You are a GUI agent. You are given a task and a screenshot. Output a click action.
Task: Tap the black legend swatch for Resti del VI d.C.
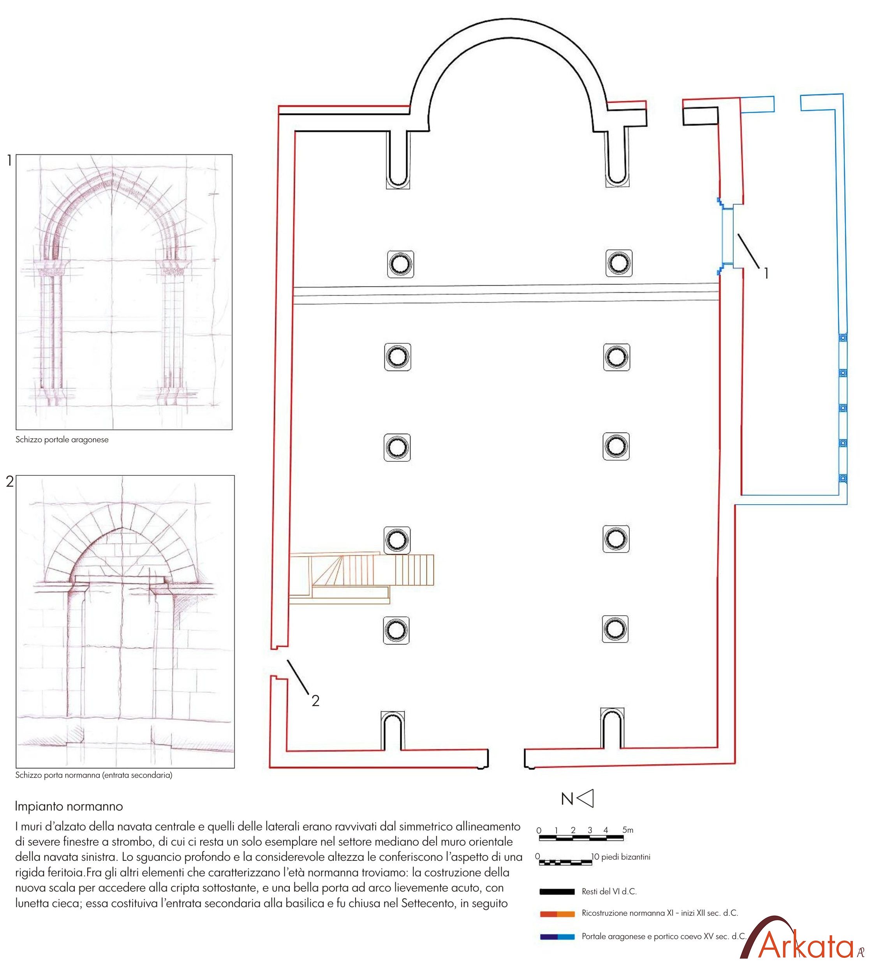point(557,892)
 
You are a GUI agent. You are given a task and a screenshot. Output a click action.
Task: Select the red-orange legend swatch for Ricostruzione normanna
point(557,914)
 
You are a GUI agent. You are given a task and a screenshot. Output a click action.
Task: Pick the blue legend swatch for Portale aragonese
point(557,936)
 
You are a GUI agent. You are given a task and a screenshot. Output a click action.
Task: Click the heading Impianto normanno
point(69,806)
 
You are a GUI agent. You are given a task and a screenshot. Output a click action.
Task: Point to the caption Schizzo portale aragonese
point(62,440)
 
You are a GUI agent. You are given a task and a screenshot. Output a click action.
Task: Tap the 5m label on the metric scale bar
point(627,830)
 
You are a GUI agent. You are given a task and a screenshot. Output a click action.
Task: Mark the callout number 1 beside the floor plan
point(766,273)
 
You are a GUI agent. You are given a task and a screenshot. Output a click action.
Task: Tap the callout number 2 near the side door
point(315,701)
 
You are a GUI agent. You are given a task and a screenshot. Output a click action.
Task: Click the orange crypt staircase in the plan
point(361,577)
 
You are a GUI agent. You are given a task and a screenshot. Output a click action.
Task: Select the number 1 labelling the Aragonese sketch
point(9,161)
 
